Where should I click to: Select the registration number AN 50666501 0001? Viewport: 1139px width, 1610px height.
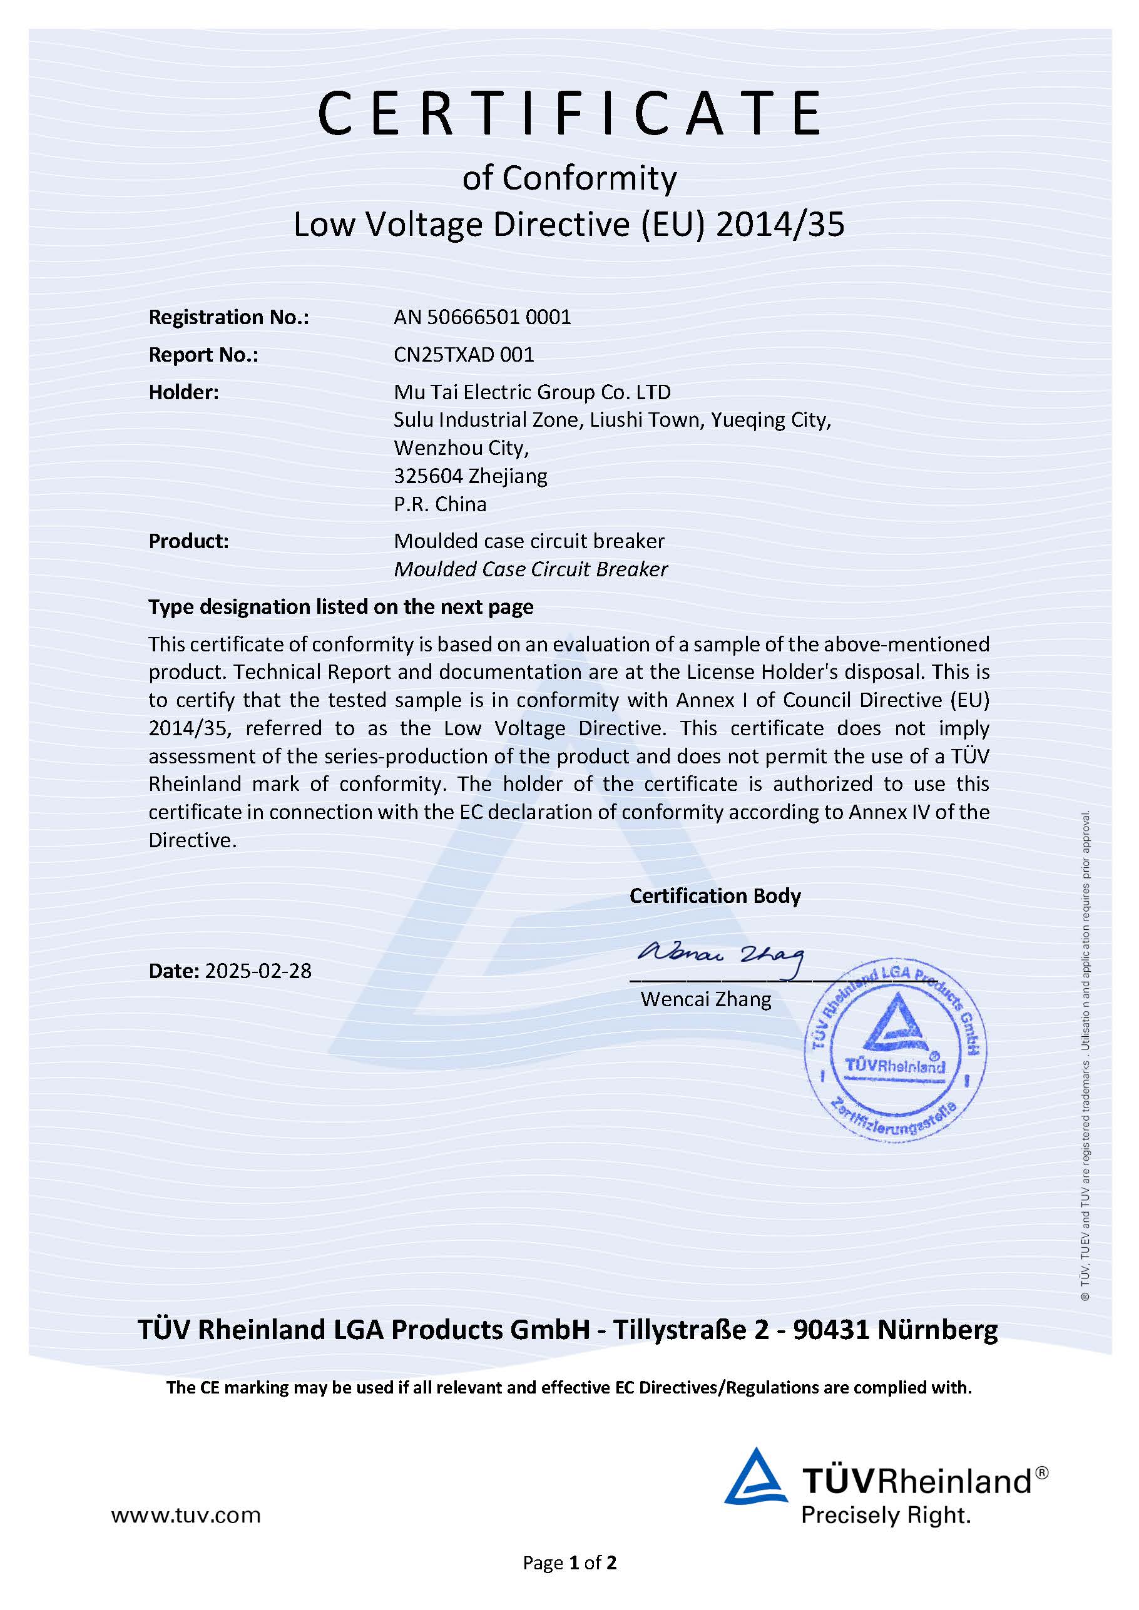(482, 318)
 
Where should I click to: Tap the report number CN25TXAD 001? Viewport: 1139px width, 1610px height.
(464, 355)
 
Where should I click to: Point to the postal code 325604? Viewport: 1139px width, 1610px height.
(428, 476)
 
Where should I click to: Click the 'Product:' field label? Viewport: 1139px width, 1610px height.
(188, 541)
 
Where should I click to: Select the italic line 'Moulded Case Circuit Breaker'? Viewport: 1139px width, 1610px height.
(530, 569)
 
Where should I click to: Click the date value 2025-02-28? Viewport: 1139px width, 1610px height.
(257, 971)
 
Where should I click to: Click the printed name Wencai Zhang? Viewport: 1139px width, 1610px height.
(705, 999)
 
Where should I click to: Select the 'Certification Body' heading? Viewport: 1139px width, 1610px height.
(715, 896)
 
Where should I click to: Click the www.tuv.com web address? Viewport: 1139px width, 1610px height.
(186, 1516)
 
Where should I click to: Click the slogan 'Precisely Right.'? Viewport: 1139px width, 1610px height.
(886, 1516)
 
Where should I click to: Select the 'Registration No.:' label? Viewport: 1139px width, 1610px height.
(228, 318)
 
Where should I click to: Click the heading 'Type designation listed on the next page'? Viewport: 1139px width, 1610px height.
(341, 607)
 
